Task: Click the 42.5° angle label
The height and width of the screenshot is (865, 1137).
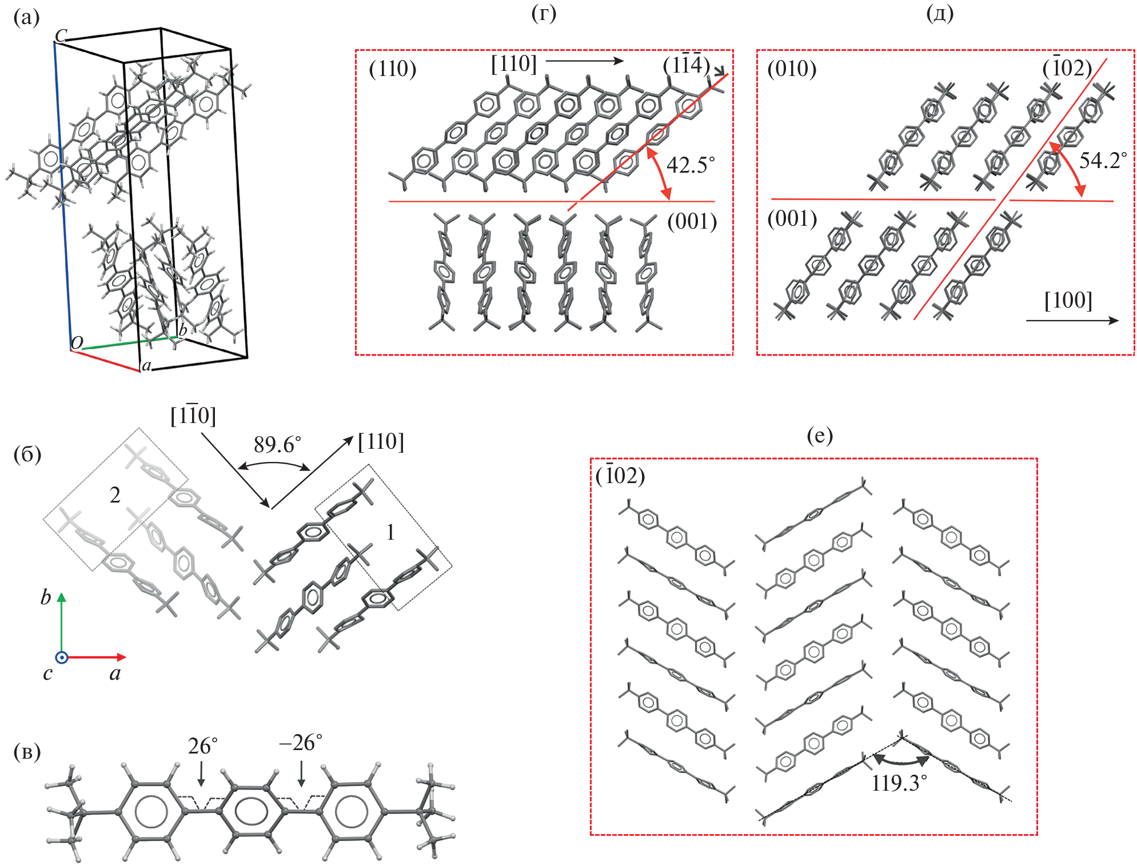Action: point(690,165)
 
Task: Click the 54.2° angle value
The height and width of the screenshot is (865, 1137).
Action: point(1103,161)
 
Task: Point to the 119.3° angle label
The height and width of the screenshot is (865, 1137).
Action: point(899,783)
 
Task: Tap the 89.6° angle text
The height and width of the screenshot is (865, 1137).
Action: point(277,444)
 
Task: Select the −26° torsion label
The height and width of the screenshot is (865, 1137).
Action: point(301,743)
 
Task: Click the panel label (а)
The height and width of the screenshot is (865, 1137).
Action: point(26,18)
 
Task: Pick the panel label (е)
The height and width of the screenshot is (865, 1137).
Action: point(819,436)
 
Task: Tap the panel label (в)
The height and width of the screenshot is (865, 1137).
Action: point(27,752)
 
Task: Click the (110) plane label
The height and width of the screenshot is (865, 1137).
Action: point(393,69)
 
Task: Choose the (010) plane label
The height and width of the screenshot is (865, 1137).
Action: point(792,69)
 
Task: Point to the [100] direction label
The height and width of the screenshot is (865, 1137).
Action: point(1068,300)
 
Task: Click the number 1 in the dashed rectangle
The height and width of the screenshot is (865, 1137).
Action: point(390,533)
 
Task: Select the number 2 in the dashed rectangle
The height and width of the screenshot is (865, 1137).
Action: point(115,495)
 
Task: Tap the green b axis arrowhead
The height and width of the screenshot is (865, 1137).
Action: point(62,598)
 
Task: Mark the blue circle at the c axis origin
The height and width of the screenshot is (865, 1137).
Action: point(62,657)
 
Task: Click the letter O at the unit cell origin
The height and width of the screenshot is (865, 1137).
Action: point(77,343)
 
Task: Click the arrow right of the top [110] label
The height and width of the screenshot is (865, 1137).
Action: point(584,61)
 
